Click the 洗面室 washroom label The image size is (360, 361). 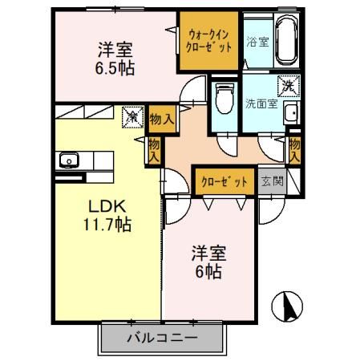(x=262, y=103)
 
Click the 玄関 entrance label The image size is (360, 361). (x=273, y=180)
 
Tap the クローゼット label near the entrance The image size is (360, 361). (x=224, y=181)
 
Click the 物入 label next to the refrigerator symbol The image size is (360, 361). (x=162, y=119)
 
